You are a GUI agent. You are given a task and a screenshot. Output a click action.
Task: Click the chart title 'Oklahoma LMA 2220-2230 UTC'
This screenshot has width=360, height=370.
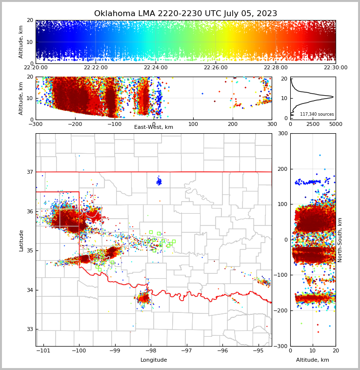coord(185,14)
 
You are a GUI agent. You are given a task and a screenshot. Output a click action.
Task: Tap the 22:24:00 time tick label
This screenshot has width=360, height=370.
coord(156,68)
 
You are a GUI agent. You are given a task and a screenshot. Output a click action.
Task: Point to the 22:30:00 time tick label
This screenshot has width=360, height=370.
coord(335,68)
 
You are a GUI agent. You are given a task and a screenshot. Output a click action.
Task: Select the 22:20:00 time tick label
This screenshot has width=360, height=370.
coord(36,68)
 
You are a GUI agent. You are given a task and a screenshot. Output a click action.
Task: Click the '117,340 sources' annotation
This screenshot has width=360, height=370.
coord(317,114)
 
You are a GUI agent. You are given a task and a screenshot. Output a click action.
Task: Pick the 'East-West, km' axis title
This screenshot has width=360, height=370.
coord(154,127)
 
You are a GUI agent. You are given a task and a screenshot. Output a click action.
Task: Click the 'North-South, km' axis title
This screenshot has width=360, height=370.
coord(340,240)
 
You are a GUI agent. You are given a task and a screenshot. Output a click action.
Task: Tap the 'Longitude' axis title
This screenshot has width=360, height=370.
coord(154,360)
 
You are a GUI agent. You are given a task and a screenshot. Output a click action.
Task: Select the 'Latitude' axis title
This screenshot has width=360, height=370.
coord(21,240)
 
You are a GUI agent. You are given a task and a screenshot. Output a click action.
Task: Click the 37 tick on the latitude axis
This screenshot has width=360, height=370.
coord(29,172)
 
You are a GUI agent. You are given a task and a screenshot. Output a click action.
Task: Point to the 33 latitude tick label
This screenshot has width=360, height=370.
coord(29,329)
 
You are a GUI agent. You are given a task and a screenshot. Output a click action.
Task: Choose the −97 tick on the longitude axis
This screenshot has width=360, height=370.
coord(186,351)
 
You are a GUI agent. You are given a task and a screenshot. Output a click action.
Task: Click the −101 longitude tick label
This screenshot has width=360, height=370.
coord(43,351)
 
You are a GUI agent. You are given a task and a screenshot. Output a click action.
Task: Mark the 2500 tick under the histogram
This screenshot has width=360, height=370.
coord(313,124)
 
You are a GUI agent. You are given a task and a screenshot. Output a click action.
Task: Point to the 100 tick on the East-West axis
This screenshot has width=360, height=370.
coord(193,124)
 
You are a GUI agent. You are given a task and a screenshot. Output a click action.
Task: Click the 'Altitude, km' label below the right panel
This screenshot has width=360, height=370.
coord(313,360)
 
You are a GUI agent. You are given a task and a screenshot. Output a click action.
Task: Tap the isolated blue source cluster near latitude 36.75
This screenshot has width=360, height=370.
coord(159,182)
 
